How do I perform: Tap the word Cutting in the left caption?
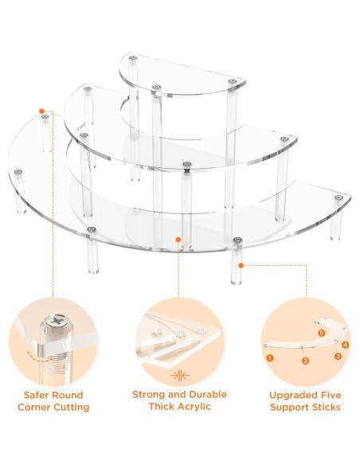tap(71, 407)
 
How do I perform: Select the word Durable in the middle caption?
tap(208, 394)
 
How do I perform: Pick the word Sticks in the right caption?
tap(324, 407)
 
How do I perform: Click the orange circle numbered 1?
tap(269, 358)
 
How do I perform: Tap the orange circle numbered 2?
tap(305, 361)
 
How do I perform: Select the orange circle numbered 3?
tap(338, 356)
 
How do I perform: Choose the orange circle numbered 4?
tap(345, 345)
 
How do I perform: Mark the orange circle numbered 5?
tap(322, 333)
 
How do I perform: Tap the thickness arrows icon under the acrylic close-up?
tap(180, 376)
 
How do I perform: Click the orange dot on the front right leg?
tap(241, 265)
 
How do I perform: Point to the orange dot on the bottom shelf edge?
tap(178, 239)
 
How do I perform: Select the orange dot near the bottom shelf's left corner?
tap(41, 111)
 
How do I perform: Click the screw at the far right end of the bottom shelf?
tap(338, 197)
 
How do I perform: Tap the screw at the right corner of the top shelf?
tap(233, 81)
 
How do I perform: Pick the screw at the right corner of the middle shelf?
tap(284, 139)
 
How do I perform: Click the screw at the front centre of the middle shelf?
tap(187, 164)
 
